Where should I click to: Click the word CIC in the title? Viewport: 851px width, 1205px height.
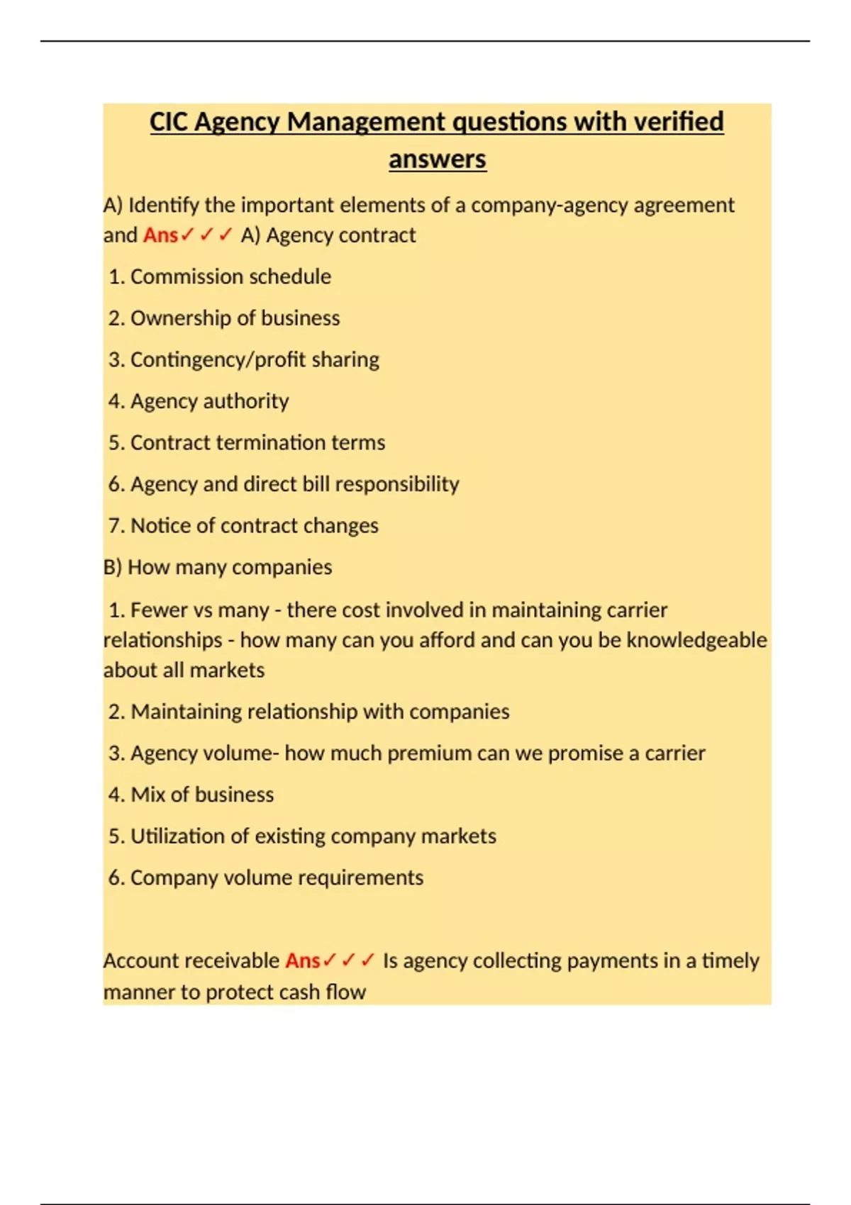coord(168,122)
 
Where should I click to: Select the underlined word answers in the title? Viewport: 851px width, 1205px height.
coord(437,159)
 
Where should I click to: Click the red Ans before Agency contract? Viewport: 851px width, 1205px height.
coord(160,235)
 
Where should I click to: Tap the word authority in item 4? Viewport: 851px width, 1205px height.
coord(247,401)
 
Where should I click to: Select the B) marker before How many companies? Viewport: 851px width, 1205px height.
coord(113,567)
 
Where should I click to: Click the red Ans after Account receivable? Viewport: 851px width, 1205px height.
coord(303,961)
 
